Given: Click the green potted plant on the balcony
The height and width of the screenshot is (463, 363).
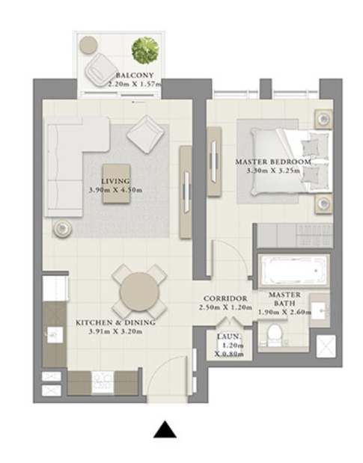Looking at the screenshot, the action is point(145,50).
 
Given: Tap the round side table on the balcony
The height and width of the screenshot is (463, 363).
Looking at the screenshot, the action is point(88,45).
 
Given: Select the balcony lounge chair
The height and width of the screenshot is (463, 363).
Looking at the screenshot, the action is point(99,70).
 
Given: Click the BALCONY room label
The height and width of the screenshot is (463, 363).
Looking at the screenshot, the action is point(135,76).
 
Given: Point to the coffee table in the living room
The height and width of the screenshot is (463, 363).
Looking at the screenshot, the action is point(116,183).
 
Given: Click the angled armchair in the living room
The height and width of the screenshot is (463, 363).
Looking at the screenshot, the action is point(145,134).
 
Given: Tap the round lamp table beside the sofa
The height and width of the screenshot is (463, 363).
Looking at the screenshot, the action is point(62,228).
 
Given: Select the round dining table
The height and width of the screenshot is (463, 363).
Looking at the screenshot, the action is point(139,292).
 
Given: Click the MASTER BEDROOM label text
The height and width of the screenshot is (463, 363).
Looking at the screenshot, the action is point(273,162).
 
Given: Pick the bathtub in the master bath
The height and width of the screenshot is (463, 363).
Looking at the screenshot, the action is point(293,271).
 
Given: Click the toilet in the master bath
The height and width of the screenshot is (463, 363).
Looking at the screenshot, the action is point(274,335).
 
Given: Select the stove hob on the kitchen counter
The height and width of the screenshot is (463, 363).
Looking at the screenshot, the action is point(103,382).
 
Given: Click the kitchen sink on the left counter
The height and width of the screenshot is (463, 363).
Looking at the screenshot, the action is point(55,335).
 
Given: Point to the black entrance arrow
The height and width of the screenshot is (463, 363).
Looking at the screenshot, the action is point(165,429).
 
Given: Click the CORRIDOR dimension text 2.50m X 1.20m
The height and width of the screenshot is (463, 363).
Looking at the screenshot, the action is point(225,307).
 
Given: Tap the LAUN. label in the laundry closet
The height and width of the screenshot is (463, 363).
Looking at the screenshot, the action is point(229,337).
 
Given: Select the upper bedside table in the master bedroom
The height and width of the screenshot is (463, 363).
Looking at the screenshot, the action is point(323,119).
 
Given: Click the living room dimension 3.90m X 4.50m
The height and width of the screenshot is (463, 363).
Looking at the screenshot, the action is point(115,190).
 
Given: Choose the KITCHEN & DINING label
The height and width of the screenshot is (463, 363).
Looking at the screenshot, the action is point(115,322).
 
